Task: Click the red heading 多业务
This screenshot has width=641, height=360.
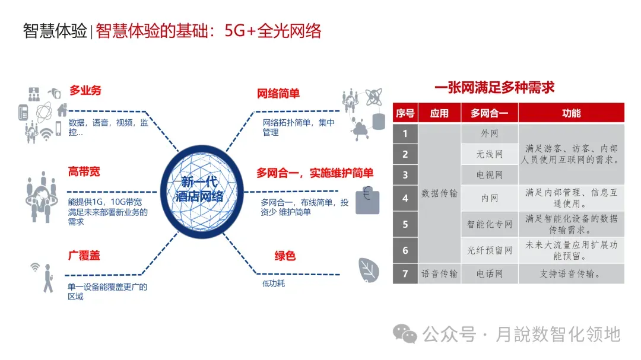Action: pos(85,91)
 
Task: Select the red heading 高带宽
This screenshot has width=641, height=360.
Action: pos(84,172)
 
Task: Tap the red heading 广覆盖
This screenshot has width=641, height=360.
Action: pos(84,256)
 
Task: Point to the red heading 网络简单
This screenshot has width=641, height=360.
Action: pos(278,94)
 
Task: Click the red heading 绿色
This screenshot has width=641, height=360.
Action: pos(285,256)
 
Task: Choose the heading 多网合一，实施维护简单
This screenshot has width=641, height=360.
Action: pos(315,173)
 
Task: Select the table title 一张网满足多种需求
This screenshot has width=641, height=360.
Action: pos(494,88)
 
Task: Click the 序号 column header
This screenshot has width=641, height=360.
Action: pos(405,113)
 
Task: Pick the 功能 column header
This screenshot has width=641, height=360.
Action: pos(571,113)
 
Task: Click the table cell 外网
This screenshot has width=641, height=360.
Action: pos(490,134)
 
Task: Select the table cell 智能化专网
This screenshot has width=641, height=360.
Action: pos(490,224)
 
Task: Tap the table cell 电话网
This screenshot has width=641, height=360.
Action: pos(490,274)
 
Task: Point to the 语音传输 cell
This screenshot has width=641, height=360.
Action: pos(439,274)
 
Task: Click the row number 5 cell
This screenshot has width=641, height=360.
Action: pos(405,224)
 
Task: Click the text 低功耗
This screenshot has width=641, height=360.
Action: pos(274,283)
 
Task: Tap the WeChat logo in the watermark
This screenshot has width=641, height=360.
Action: pos(407,334)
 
